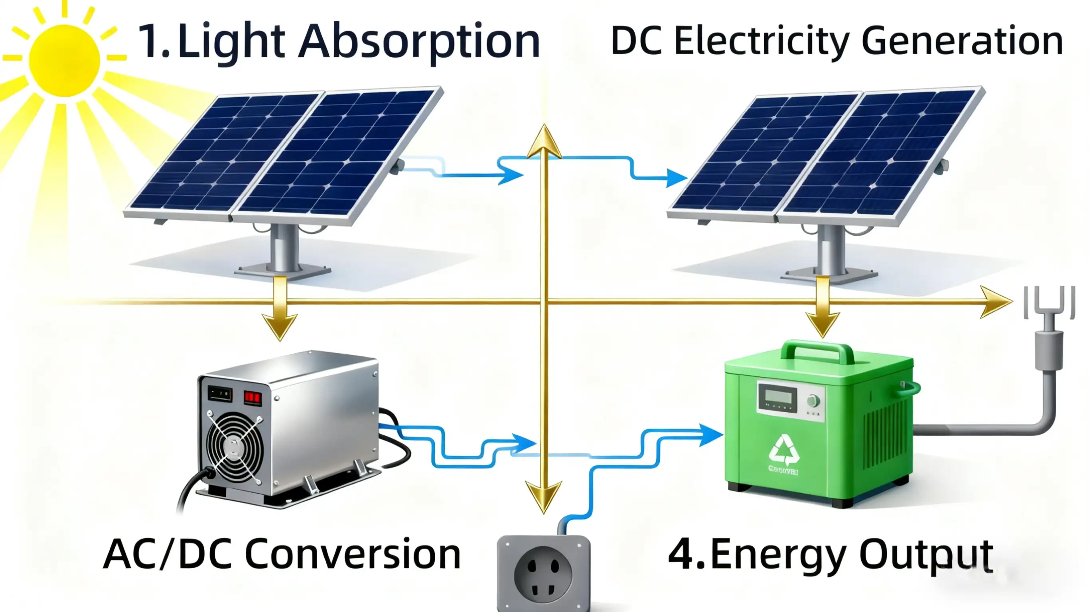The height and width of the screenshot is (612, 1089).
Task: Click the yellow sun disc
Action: point(64,60)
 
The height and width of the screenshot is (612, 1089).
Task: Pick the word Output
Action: point(926,555)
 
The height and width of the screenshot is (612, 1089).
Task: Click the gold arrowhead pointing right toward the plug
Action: point(996,301)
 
